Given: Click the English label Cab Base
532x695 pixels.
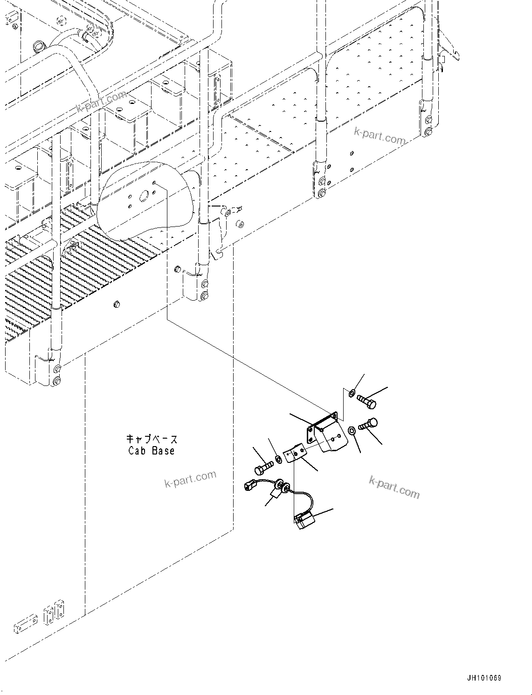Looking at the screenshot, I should point(152,451).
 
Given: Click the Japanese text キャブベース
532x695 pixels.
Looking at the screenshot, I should point(152,439).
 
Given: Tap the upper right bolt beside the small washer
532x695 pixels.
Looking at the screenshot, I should point(366,401).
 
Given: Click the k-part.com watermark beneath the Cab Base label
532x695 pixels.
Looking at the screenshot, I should point(190,478).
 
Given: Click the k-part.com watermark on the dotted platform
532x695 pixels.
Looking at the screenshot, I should point(380,135).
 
